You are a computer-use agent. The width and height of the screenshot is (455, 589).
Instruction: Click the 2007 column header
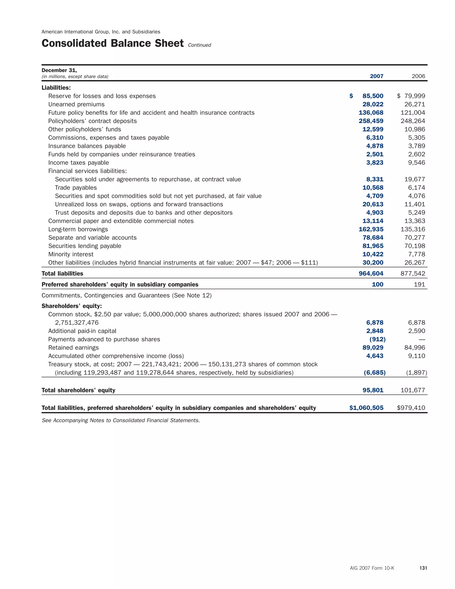376,76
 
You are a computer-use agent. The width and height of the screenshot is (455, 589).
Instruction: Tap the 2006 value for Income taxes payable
417,163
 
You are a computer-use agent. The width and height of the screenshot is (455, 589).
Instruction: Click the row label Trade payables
76,188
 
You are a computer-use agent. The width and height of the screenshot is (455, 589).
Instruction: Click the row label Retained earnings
73,348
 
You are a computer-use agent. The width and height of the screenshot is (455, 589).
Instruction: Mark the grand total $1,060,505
366,408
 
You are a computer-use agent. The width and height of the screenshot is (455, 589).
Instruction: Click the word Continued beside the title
200,45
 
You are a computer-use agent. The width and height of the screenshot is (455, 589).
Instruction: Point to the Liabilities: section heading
56,88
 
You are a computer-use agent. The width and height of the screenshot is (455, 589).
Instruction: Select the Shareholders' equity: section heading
72,306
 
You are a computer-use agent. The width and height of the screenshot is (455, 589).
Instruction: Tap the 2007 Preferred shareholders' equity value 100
377,284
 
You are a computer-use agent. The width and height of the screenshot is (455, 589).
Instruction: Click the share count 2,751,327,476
77,323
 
